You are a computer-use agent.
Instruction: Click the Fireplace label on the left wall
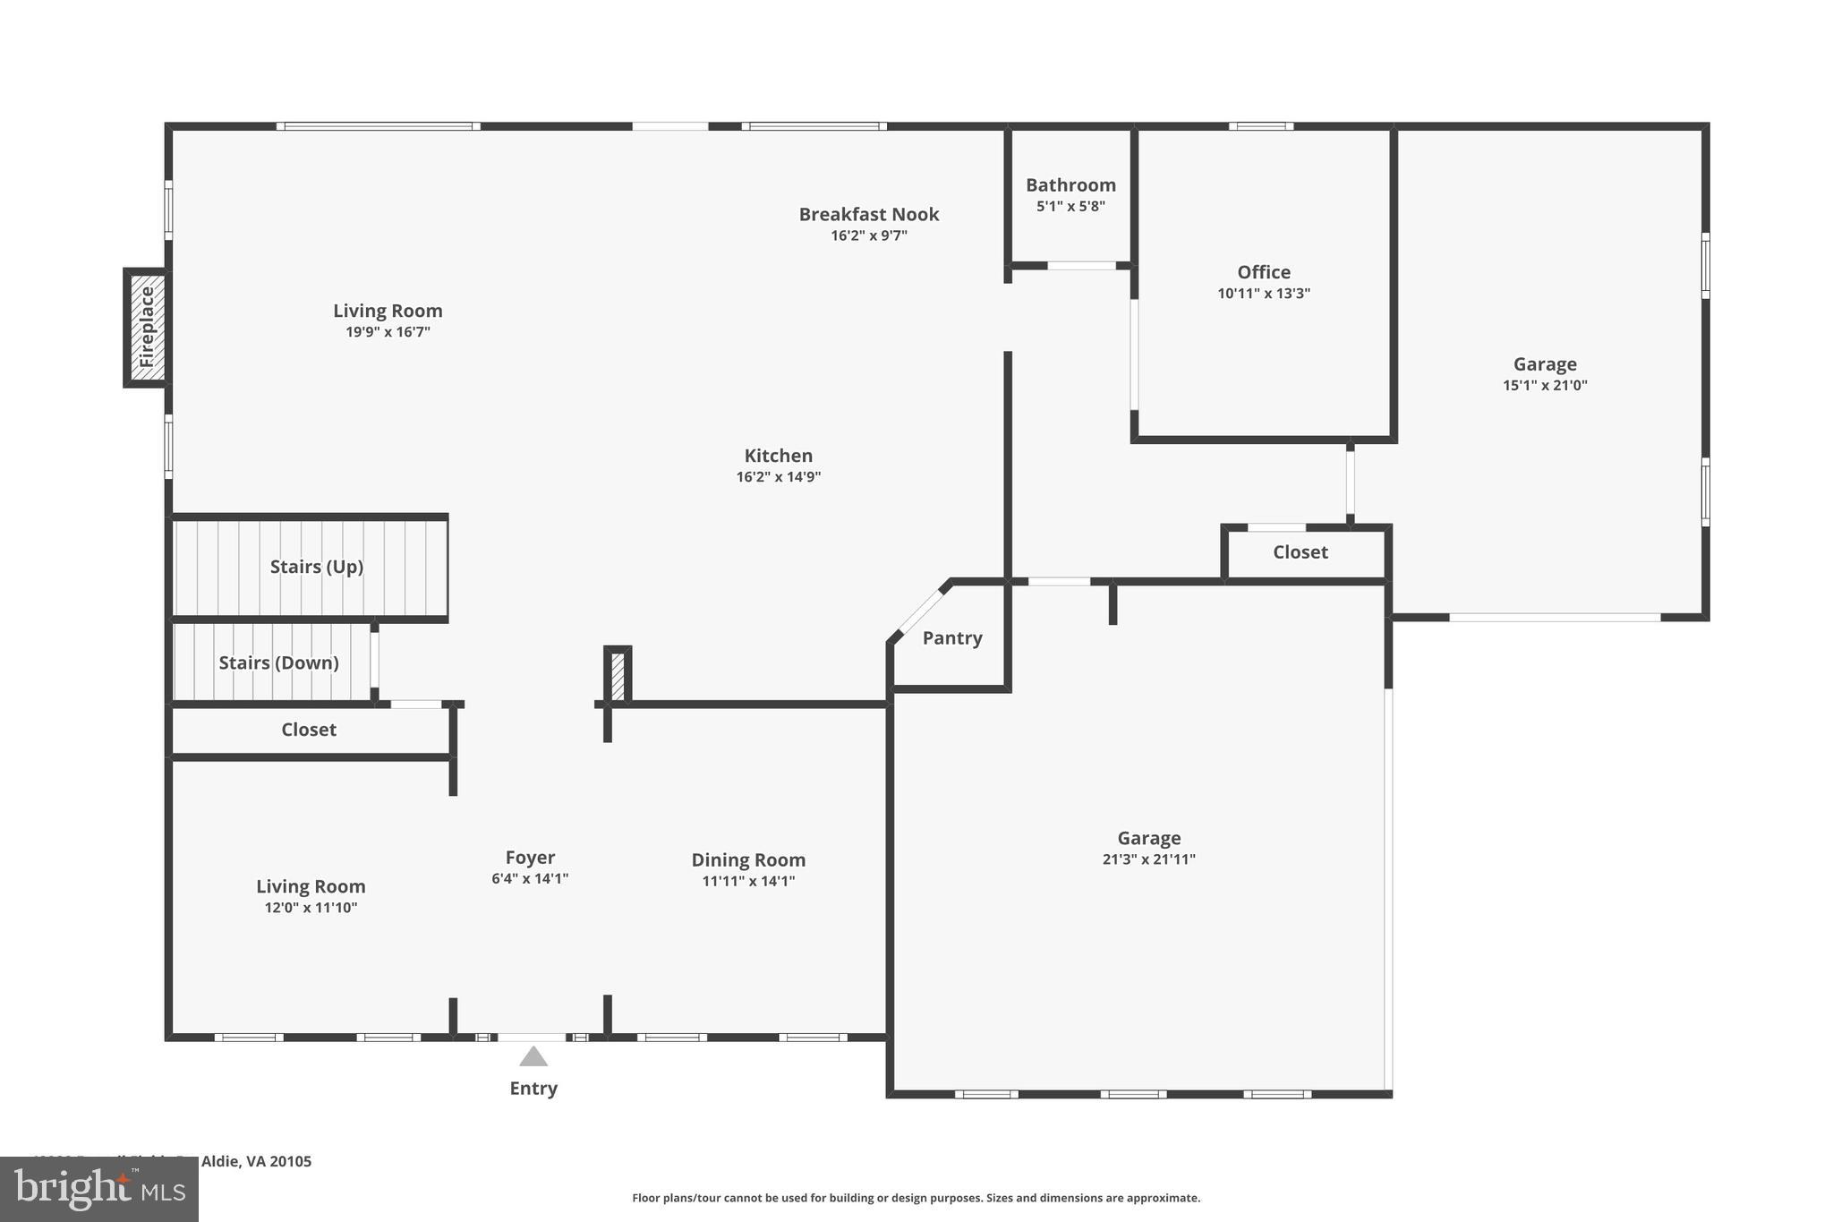click(147, 328)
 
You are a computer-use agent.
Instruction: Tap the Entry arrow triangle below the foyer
click(533, 1057)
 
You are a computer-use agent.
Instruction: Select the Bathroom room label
click(1070, 185)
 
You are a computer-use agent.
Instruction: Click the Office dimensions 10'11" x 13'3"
click(1263, 294)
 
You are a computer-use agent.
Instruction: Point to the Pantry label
click(952, 638)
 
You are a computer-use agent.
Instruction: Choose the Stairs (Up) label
click(316, 567)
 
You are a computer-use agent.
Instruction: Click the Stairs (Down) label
click(278, 662)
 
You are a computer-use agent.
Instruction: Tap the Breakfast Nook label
click(868, 215)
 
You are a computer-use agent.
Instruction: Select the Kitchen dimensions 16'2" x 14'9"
click(778, 477)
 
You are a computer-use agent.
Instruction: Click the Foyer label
click(530, 858)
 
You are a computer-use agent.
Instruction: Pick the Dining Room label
click(748, 860)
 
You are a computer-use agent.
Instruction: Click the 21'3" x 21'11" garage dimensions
click(1148, 859)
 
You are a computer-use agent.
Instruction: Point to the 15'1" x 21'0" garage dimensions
click(1544, 386)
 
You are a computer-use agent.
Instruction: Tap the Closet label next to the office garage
click(1300, 552)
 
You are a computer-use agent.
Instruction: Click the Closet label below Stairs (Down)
click(309, 730)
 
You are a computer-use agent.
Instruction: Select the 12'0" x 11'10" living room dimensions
click(311, 908)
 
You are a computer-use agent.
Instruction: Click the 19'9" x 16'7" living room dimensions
click(388, 332)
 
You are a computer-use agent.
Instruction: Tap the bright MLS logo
click(99, 1189)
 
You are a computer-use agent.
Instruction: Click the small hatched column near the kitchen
click(618, 676)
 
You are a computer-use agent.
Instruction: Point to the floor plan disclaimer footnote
click(916, 1198)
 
